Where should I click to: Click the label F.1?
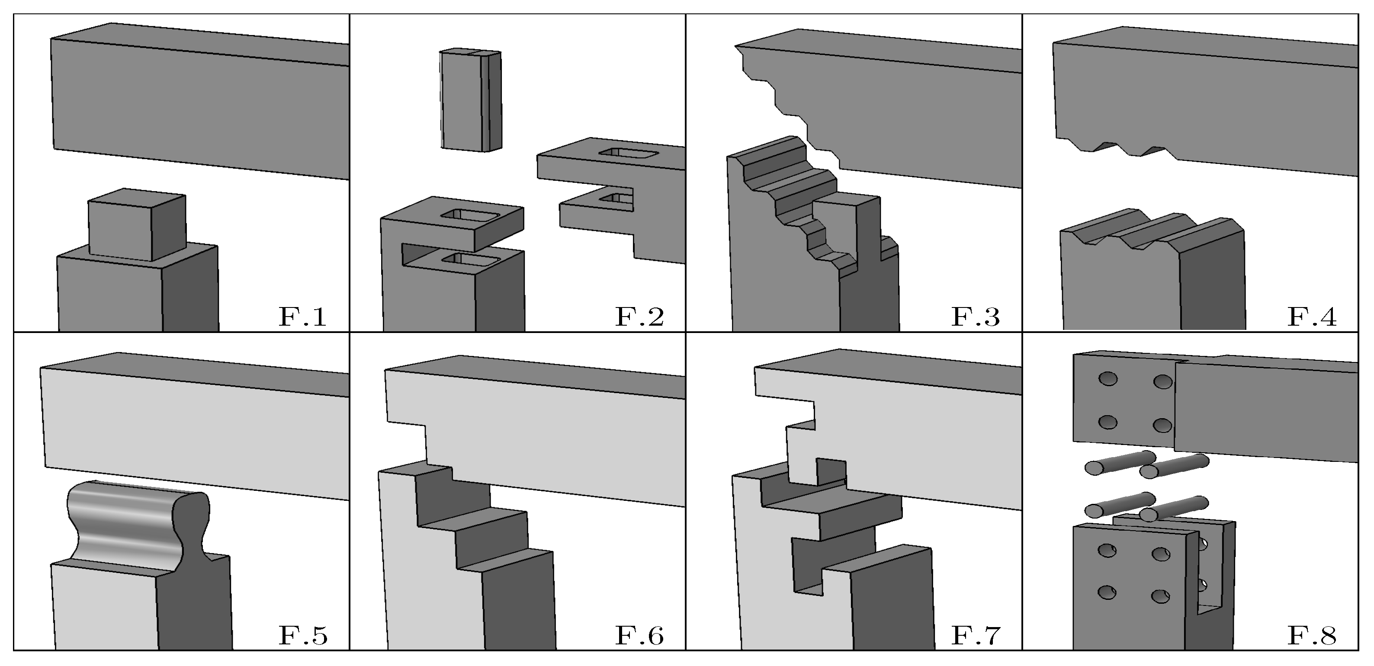point(302,317)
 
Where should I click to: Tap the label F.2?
point(639,317)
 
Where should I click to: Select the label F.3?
point(975,317)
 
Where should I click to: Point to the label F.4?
point(1312,317)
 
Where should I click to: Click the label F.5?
point(302,636)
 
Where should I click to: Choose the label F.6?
point(639,636)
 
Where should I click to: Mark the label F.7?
point(975,636)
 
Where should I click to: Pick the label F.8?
point(1312,636)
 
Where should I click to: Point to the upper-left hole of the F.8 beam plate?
point(1108,379)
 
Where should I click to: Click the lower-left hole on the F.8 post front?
point(1107,592)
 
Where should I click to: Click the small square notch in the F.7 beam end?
point(831,471)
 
